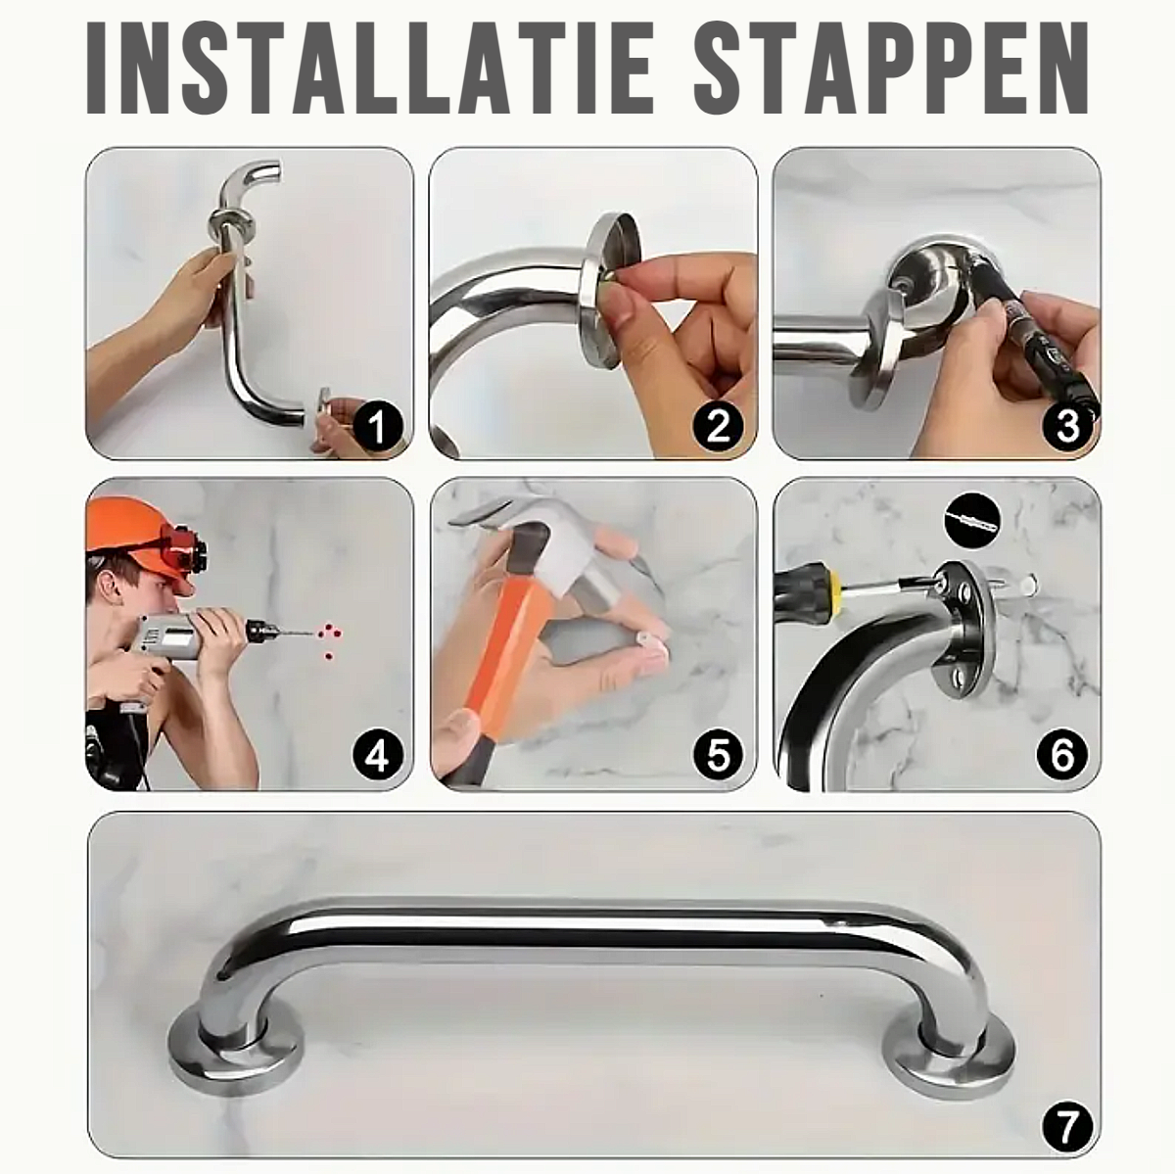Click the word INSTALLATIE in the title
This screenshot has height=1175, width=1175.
tap(370, 68)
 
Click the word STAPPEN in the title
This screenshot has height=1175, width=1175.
tap(890, 68)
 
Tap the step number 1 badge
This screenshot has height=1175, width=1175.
tap(377, 426)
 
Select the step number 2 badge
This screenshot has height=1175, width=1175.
tap(719, 426)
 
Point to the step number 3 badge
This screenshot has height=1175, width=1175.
tap(1067, 426)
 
